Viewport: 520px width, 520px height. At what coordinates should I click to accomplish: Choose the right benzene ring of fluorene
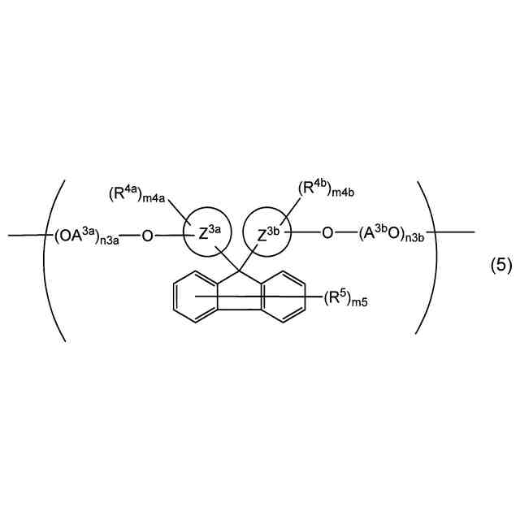[284, 296]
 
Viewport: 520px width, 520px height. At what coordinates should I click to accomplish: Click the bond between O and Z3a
[168, 236]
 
